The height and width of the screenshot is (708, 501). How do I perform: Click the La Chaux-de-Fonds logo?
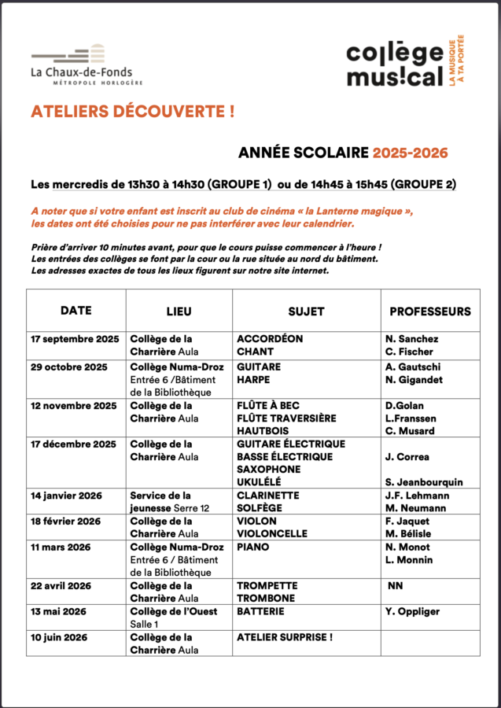pyautogui.click(x=87, y=65)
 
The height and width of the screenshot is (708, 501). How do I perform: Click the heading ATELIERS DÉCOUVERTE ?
pyautogui.click(x=132, y=112)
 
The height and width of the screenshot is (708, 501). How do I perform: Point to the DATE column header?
pyautogui.click(x=76, y=311)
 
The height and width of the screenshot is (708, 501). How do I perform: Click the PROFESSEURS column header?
pyautogui.click(x=430, y=312)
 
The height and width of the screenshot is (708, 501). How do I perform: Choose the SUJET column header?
pyautogui.click(x=306, y=312)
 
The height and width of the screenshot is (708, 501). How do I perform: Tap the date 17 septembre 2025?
pyautogui.click(x=75, y=339)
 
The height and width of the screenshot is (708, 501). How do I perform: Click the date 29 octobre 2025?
pyautogui.click(x=69, y=367)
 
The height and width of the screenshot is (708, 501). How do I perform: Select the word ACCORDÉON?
pyautogui.click(x=270, y=339)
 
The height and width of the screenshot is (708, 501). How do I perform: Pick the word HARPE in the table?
pyautogui.click(x=252, y=380)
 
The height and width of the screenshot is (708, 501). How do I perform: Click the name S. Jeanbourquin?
pyautogui.click(x=424, y=482)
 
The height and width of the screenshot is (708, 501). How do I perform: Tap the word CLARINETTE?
pyautogui.click(x=268, y=496)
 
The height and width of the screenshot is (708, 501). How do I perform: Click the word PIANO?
pyautogui.click(x=252, y=547)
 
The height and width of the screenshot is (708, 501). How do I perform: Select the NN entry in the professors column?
pyautogui.click(x=396, y=585)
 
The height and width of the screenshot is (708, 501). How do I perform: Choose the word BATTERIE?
pyautogui.click(x=260, y=611)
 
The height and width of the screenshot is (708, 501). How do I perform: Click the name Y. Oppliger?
pyautogui.click(x=413, y=611)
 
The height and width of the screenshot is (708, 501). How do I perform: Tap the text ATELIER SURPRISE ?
pyautogui.click(x=285, y=637)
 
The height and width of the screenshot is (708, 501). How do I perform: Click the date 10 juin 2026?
pyautogui.click(x=59, y=637)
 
